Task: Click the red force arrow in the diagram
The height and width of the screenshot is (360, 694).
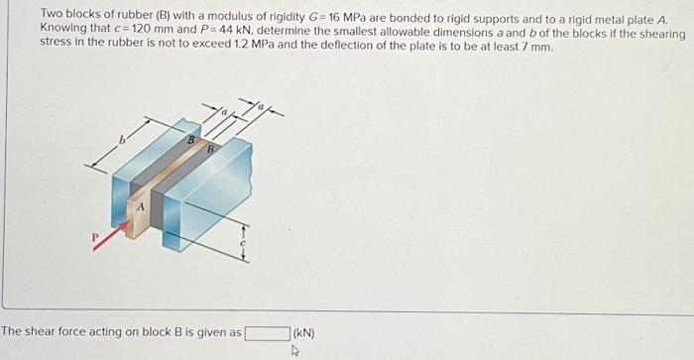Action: pyautogui.click(x=109, y=236)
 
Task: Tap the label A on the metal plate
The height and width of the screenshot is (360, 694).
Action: pyautogui.click(x=141, y=206)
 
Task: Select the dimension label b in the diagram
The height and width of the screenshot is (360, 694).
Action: pyautogui.click(x=122, y=146)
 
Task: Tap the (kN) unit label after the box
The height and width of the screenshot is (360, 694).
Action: pyautogui.click(x=303, y=333)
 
